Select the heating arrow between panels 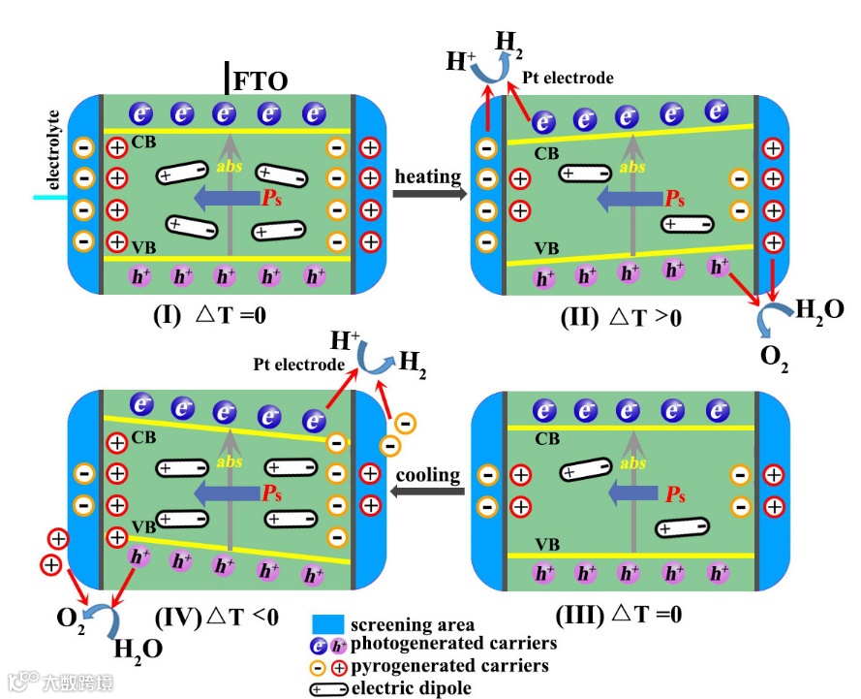(427, 193)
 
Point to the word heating (427, 175)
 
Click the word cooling (427, 475)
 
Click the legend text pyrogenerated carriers (449, 666)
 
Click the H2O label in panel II (818, 310)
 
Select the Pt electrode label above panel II (568, 78)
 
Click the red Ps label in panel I (275, 198)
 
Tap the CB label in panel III (547, 438)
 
